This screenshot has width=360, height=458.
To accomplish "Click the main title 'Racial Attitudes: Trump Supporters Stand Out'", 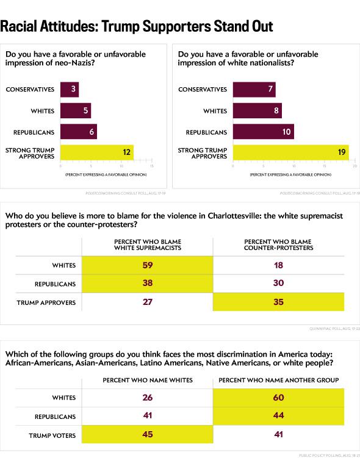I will coord(136,27).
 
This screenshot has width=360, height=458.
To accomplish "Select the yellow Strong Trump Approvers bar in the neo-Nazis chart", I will coord(96,152).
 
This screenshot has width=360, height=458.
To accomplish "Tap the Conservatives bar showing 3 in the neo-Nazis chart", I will coord(69,90).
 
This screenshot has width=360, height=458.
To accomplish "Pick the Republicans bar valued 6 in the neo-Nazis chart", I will coord(78,131).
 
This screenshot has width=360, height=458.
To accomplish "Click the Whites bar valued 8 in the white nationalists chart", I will coord(257,110).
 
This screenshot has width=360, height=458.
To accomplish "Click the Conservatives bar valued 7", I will coord(254,90).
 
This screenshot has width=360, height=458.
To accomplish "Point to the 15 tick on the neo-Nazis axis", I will coord(151,165).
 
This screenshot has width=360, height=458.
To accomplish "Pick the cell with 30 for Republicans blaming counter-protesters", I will coord(278,284).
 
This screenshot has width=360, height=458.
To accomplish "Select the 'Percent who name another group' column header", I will coord(278,380).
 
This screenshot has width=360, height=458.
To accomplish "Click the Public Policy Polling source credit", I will coord(328,455).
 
